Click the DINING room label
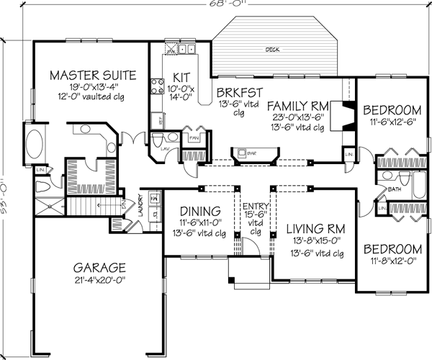[x=199, y=211]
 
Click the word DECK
[x=272, y=50]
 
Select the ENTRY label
[x=253, y=207]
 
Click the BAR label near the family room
[x=252, y=153]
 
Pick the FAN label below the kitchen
[x=194, y=136]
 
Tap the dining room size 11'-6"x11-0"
[x=199, y=223]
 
